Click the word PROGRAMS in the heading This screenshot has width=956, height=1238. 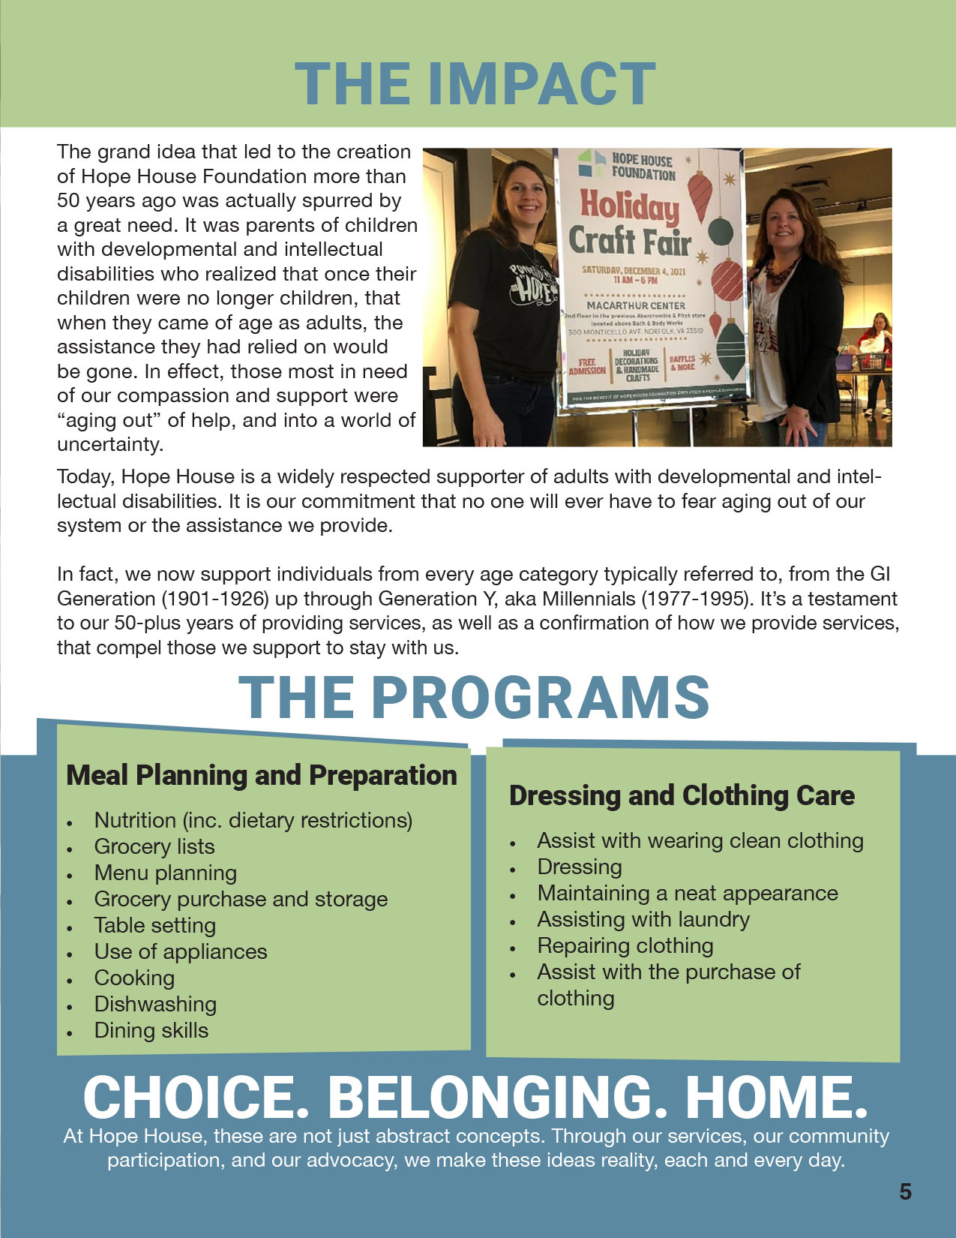(x=540, y=697)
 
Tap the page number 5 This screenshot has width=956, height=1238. (x=905, y=1191)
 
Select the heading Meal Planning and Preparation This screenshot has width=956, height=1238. (x=261, y=775)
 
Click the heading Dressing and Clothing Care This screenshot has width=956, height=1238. (x=682, y=795)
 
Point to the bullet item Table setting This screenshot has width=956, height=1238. (x=154, y=925)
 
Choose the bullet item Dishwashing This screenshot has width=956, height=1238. (x=155, y=1004)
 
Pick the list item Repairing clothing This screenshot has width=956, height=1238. (x=625, y=945)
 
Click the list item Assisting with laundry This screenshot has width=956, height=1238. (x=643, y=919)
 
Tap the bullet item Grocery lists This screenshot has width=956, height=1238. (x=154, y=846)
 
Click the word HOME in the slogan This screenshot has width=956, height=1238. (x=776, y=1097)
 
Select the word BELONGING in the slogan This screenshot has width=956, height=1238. (x=496, y=1097)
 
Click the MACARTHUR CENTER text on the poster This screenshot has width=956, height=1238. (x=635, y=305)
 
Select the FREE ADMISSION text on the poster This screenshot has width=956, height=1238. (x=587, y=366)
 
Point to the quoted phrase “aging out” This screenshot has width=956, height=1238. (x=109, y=420)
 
